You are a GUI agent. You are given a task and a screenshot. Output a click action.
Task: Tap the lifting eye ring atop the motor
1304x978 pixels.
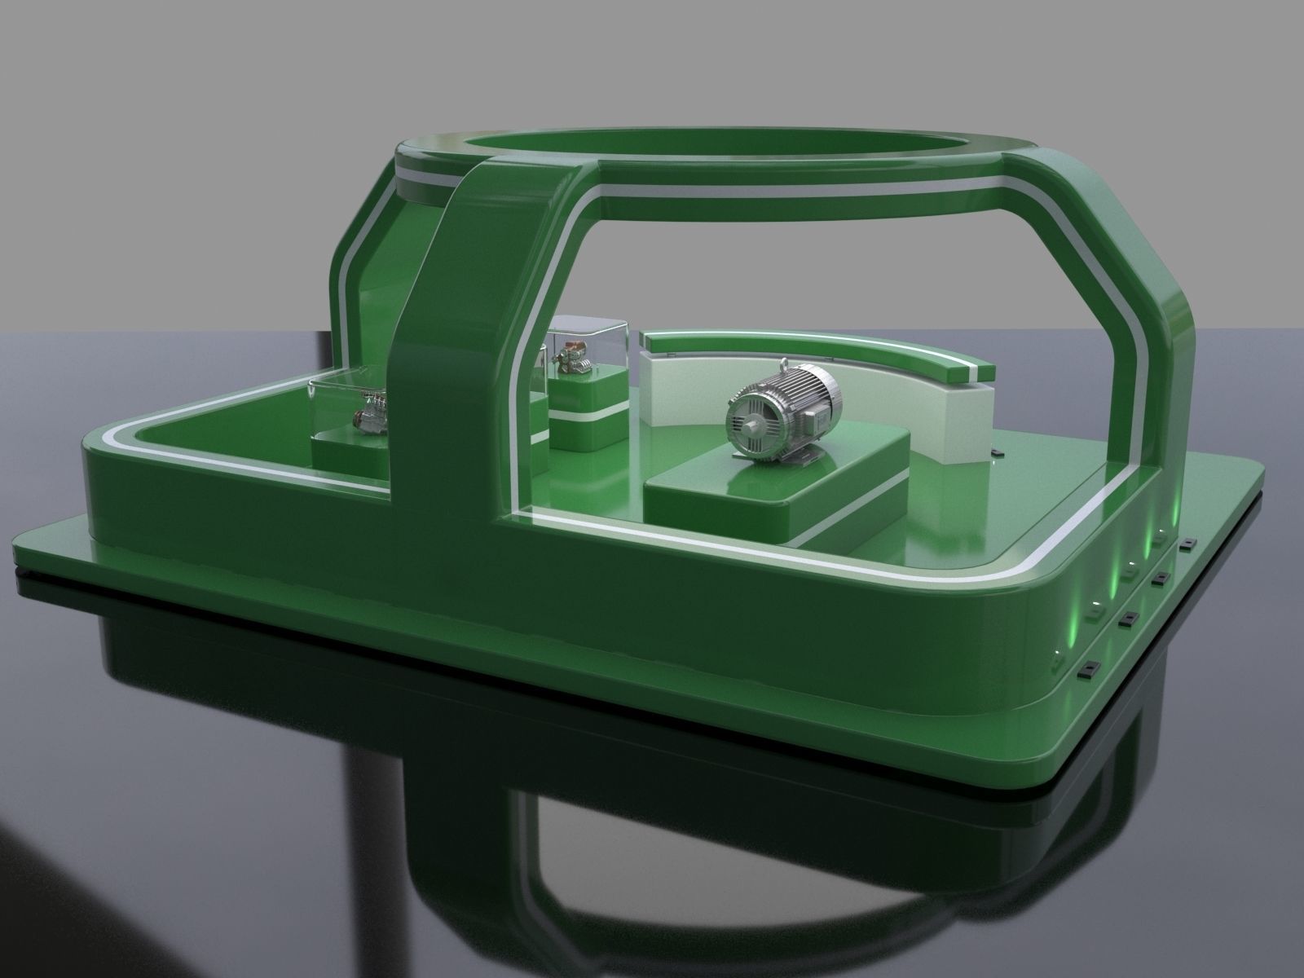tap(785, 364)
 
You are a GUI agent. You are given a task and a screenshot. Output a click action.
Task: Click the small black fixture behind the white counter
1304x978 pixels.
tap(996, 450)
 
